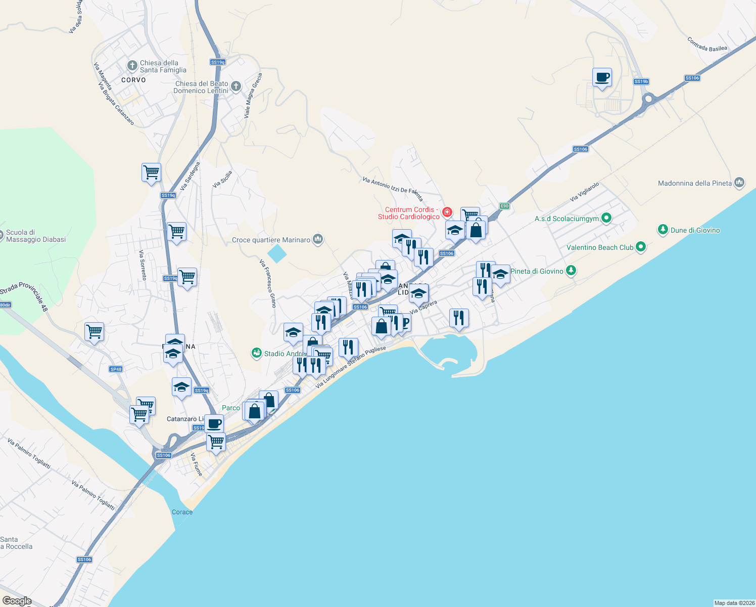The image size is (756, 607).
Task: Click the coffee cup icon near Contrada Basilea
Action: click(602, 78)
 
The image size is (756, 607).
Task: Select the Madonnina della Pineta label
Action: click(694, 183)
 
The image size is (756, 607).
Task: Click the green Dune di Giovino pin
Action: click(663, 230)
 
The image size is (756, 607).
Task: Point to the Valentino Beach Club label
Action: click(600, 247)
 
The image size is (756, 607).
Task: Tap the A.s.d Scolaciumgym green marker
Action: click(606, 219)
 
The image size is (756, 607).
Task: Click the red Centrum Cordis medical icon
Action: click(447, 212)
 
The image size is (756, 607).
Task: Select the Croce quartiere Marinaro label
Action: click(271, 240)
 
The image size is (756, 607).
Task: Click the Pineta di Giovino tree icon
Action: click(571, 271)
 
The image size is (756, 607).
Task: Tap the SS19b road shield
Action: click(641, 81)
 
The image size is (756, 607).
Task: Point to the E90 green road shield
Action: click(504, 206)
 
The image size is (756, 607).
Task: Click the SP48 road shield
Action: click(116, 369)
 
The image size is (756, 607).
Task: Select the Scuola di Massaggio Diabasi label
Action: click(36, 236)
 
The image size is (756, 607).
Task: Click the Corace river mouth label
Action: click(182, 512)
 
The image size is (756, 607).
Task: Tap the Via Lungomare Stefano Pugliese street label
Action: click(351, 367)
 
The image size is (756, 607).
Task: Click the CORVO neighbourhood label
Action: click(133, 80)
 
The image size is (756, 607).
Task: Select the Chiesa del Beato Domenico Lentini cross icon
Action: click(236, 86)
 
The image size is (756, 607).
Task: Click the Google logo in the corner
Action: click(17, 601)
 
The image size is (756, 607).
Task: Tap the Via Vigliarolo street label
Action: click(584, 192)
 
